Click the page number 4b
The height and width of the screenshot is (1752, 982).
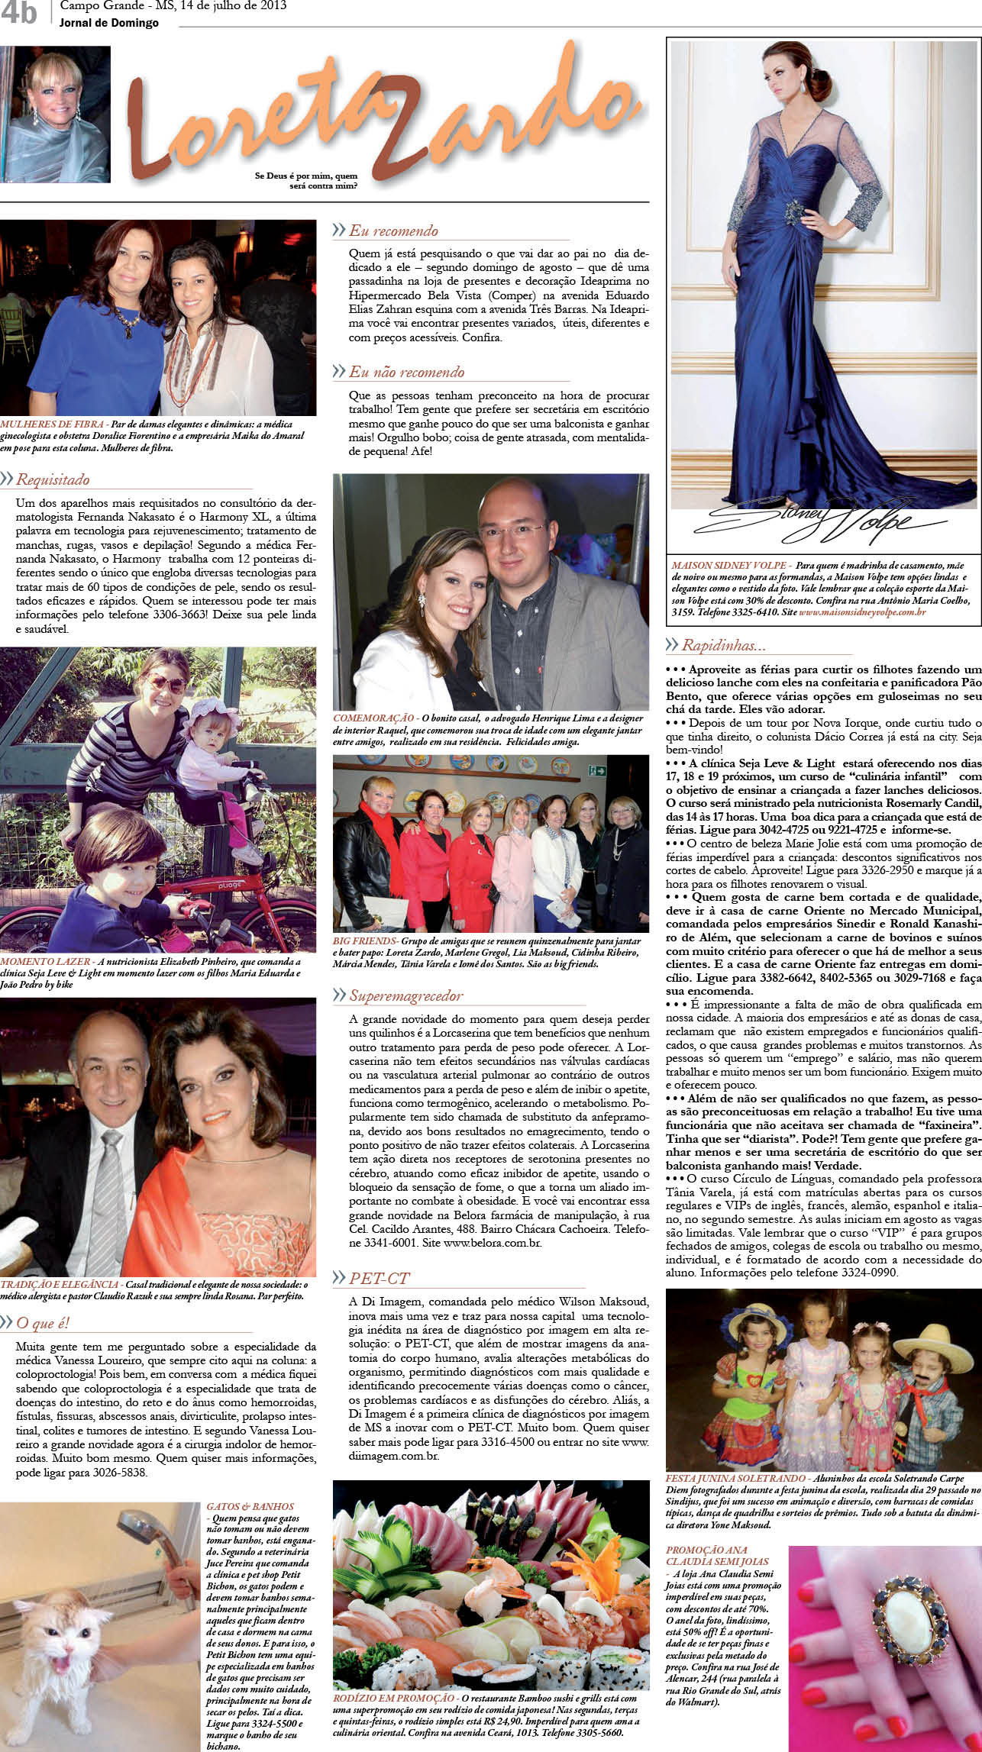[x=18, y=13]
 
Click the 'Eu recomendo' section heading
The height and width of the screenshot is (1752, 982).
[x=393, y=231]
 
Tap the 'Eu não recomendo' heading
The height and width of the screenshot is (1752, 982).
[x=406, y=373]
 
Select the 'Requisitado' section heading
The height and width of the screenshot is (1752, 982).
[x=53, y=479]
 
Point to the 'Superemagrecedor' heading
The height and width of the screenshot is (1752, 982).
[x=406, y=996]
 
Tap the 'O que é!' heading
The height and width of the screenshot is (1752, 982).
[x=43, y=1323]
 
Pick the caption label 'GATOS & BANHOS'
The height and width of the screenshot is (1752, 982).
[x=250, y=1507]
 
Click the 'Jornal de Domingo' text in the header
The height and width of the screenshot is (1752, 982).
[x=109, y=23]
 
